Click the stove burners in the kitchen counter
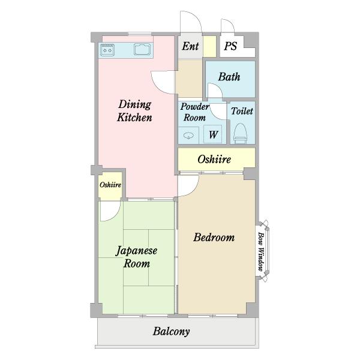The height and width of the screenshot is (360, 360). [107, 50]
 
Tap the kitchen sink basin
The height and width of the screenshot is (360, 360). [142, 49]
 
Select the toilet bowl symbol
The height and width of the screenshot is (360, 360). [241, 134]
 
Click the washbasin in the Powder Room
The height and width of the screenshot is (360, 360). [188, 136]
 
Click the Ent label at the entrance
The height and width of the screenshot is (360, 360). [190, 46]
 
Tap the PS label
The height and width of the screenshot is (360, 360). [230, 46]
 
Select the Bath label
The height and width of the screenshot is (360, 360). [229, 77]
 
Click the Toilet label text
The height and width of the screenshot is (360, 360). [242, 111]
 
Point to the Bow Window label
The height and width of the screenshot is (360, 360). [260, 251]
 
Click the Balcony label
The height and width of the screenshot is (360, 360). [171, 332]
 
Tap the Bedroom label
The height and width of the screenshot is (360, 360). [214, 238]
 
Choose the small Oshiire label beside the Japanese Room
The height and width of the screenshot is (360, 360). [110, 185]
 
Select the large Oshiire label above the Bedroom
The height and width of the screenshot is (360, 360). [214, 160]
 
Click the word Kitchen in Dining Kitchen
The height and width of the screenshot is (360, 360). [134, 118]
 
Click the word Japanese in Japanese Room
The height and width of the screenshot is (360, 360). [136, 251]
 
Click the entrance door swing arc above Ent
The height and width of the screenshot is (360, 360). [196, 17]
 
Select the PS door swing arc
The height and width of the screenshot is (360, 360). [230, 22]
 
